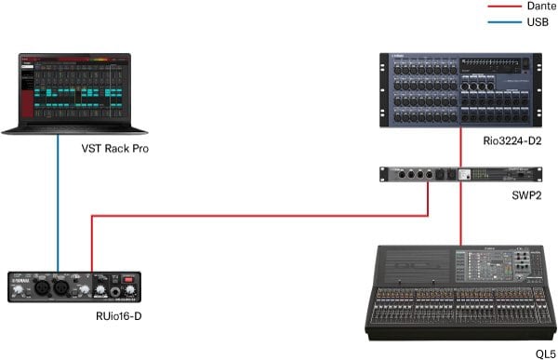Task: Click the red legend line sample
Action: pos(502,7)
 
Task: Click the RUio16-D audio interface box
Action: pos(75,286)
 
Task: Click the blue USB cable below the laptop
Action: pos(59,205)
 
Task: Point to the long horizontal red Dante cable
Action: pos(260,217)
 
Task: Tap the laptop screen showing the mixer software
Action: pos(64,88)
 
